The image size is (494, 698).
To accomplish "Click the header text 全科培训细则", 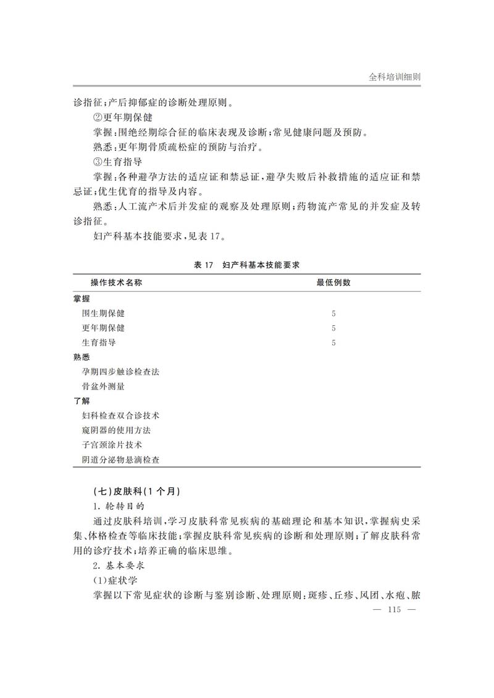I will pos(395,78).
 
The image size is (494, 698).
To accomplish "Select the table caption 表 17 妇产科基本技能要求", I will pos(246,265).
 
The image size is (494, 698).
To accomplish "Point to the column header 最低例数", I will pos(333,283).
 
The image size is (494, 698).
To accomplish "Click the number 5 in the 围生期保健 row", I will pos(333,314).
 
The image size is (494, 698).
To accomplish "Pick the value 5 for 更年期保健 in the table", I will pos(333,328).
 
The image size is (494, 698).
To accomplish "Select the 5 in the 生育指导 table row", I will pos(333,343).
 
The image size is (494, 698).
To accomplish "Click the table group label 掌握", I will pos(82,299).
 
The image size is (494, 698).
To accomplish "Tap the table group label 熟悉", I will pos(82,357).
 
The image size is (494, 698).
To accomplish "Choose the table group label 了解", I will pos(82,401).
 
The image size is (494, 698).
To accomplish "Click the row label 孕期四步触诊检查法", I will pos(120,372).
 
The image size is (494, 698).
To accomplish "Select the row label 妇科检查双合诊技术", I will pos(120,416).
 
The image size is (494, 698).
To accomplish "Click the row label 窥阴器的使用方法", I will pos(116,430).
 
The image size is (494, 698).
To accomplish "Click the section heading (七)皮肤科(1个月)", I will pos(134,492).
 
